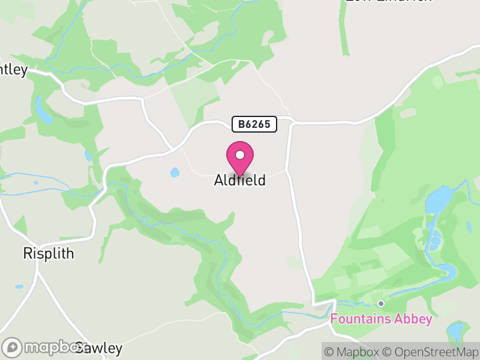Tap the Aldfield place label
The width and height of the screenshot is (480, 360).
tap(239, 180)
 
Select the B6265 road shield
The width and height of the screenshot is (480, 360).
tap(255, 124)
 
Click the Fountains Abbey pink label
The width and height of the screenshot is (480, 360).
tap(381, 319)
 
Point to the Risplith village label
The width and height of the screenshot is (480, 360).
tap(49, 253)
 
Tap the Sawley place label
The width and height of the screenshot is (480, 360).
tap(99, 348)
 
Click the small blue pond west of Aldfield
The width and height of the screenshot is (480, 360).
tap(175, 173)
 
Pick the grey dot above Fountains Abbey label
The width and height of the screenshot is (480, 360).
tap(380, 304)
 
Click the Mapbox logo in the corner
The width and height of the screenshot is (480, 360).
tap(45, 347)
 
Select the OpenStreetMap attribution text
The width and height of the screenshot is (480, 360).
tap(431, 352)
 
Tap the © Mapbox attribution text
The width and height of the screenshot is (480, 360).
tap(352, 352)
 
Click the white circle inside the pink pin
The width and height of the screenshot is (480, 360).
tap(240, 155)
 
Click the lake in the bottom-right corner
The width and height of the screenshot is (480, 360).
tap(457, 331)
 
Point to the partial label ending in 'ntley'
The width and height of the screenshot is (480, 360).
tap(13, 70)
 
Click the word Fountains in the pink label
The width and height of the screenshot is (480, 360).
tap(361, 319)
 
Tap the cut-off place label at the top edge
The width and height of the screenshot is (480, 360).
tap(388, 2)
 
